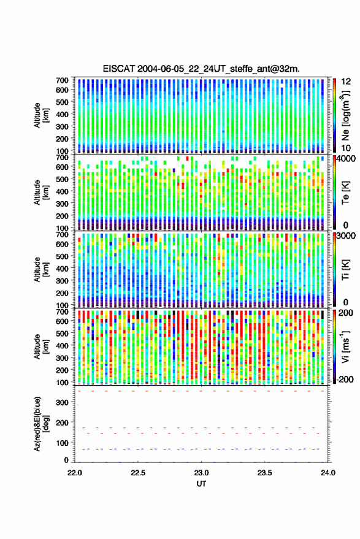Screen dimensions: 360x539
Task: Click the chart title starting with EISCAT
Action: click(201, 69)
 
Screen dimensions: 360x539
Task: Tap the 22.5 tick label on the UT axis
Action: click(138, 473)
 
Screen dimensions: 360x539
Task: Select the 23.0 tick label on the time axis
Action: click(201, 473)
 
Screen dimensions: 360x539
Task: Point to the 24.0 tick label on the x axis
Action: click(327, 473)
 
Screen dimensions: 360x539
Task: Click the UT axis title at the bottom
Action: click(201, 484)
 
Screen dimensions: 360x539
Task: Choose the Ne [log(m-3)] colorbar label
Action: click(345, 115)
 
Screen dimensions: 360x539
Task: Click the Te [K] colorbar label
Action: click(345, 193)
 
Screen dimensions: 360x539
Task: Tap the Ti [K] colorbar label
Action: click(345, 270)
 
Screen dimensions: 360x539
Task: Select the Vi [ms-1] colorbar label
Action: click(345, 346)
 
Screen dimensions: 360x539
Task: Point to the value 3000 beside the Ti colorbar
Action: click(347, 236)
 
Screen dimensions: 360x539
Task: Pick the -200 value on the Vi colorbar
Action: click(344, 379)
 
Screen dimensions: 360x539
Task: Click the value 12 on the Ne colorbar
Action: click(346, 82)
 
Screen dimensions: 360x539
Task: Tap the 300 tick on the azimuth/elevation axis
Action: click(63, 402)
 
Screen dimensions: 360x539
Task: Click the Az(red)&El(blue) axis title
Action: click(41, 424)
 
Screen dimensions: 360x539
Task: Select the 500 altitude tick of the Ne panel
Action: click(63, 102)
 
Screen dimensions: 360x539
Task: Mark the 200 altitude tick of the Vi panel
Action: click(63, 370)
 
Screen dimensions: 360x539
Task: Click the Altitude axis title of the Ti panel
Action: click(41, 270)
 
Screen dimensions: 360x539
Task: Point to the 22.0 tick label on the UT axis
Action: click(75, 473)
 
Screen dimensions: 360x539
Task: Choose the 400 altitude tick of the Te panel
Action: click(63, 191)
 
